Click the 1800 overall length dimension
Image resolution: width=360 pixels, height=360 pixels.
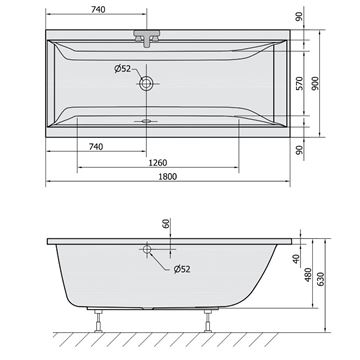(x=167, y=176)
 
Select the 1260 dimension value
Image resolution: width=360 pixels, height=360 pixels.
(x=157, y=163)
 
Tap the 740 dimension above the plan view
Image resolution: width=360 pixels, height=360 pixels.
(x=98, y=10)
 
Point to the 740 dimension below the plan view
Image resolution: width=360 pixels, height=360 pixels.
(x=96, y=146)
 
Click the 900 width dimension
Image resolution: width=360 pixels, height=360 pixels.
(x=315, y=83)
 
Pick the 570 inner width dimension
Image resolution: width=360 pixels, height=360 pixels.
(x=300, y=83)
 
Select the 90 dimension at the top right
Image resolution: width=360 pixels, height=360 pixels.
(x=299, y=16)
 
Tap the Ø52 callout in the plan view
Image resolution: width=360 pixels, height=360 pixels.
(x=122, y=69)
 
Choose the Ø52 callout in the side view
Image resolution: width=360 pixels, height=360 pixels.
(x=182, y=269)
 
